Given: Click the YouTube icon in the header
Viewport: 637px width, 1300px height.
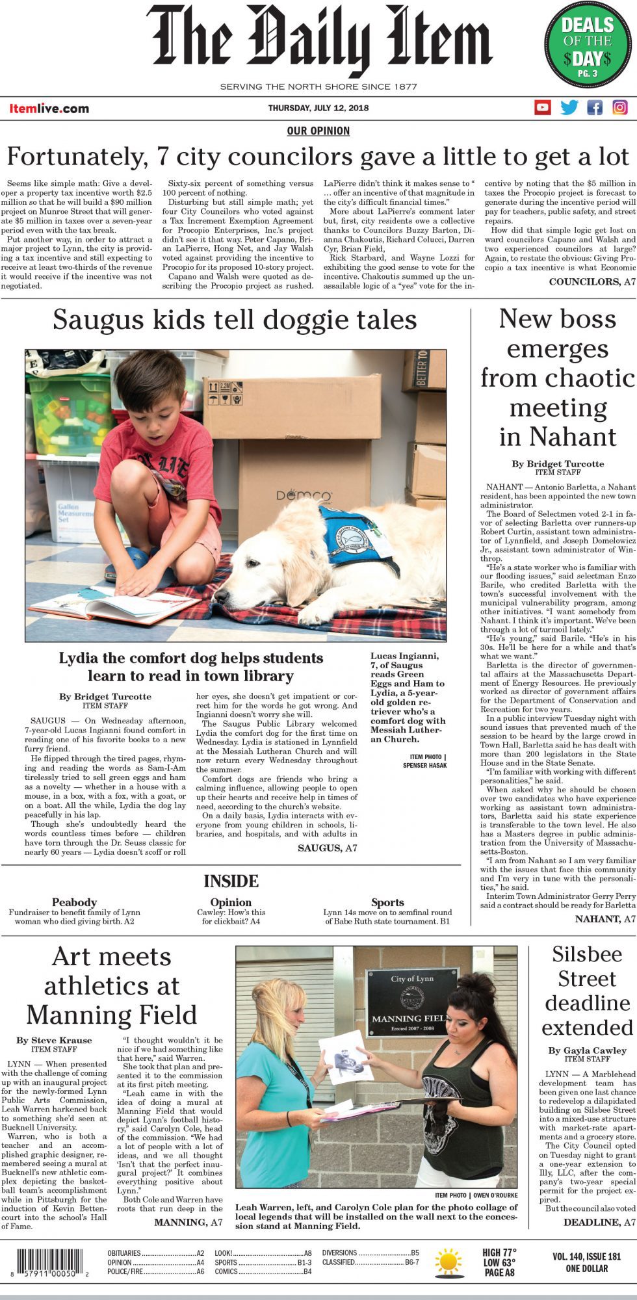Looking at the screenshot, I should [x=542, y=107].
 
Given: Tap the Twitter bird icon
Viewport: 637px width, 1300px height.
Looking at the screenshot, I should [x=569, y=107].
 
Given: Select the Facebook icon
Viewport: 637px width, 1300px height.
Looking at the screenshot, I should [x=595, y=107].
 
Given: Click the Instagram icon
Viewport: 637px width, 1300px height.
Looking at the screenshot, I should [x=620, y=107].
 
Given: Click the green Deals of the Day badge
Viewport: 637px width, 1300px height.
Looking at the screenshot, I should [x=587, y=46].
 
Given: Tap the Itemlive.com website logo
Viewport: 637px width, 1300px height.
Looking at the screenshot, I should [x=49, y=109].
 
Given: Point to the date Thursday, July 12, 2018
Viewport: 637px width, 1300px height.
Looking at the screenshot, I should [x=318, y=108].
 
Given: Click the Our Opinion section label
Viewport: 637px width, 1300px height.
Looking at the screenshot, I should [x=318, y=131].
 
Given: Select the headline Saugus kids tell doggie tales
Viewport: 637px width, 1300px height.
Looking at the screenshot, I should [x=235, y=320].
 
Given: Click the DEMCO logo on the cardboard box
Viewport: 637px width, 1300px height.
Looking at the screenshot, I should [x=304, y=495].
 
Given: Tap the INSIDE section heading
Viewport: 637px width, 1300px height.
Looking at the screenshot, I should [x=231, y=881].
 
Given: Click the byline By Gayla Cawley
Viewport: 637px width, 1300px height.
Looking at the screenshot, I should [x=587, y=1050].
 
